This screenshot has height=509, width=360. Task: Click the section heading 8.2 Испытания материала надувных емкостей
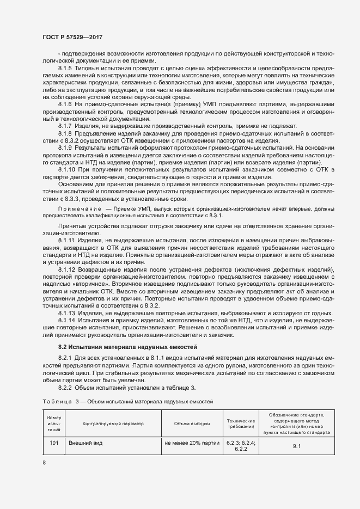pos(120,347)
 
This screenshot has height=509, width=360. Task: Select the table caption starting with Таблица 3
pos(127,401)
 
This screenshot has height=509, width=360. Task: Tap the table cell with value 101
pos(53,443)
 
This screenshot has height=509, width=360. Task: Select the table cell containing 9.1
pos(297,446)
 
